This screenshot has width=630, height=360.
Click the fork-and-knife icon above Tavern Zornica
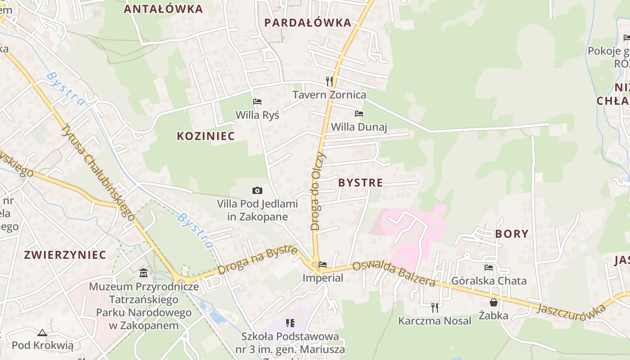(x=329, y=81)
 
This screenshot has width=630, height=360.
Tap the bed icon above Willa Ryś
(x=257, y=102)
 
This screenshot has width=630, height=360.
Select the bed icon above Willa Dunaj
(x=359, y=114)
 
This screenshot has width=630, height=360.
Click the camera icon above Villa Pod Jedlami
(x=257, y=191)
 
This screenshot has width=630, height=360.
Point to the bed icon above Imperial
(x=323, y=265)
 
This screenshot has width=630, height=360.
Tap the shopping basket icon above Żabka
(x=494, y=302)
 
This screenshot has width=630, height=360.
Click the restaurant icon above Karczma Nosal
(x=435, y=308)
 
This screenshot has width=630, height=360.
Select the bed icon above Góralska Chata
(x=489, y=268)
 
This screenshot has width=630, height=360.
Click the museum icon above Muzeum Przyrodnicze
(x=144, y=273)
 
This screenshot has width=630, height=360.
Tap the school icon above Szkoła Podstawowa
(x=290, y=323)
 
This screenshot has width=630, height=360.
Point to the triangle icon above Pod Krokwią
(x=42, y=333)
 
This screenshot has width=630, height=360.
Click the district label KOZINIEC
(x=206, y=136)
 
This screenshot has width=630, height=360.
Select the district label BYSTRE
(x=360, y=183)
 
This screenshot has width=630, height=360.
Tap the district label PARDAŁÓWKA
(x=307, y=22)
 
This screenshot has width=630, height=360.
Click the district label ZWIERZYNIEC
(x=65, y=255)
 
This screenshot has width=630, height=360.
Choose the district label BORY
(x=512, y=234)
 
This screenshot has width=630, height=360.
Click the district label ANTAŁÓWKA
(x=163, y=9)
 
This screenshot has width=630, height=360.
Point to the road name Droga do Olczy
(x=318, y=191)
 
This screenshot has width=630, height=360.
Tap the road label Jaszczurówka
(x=572, y=309)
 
